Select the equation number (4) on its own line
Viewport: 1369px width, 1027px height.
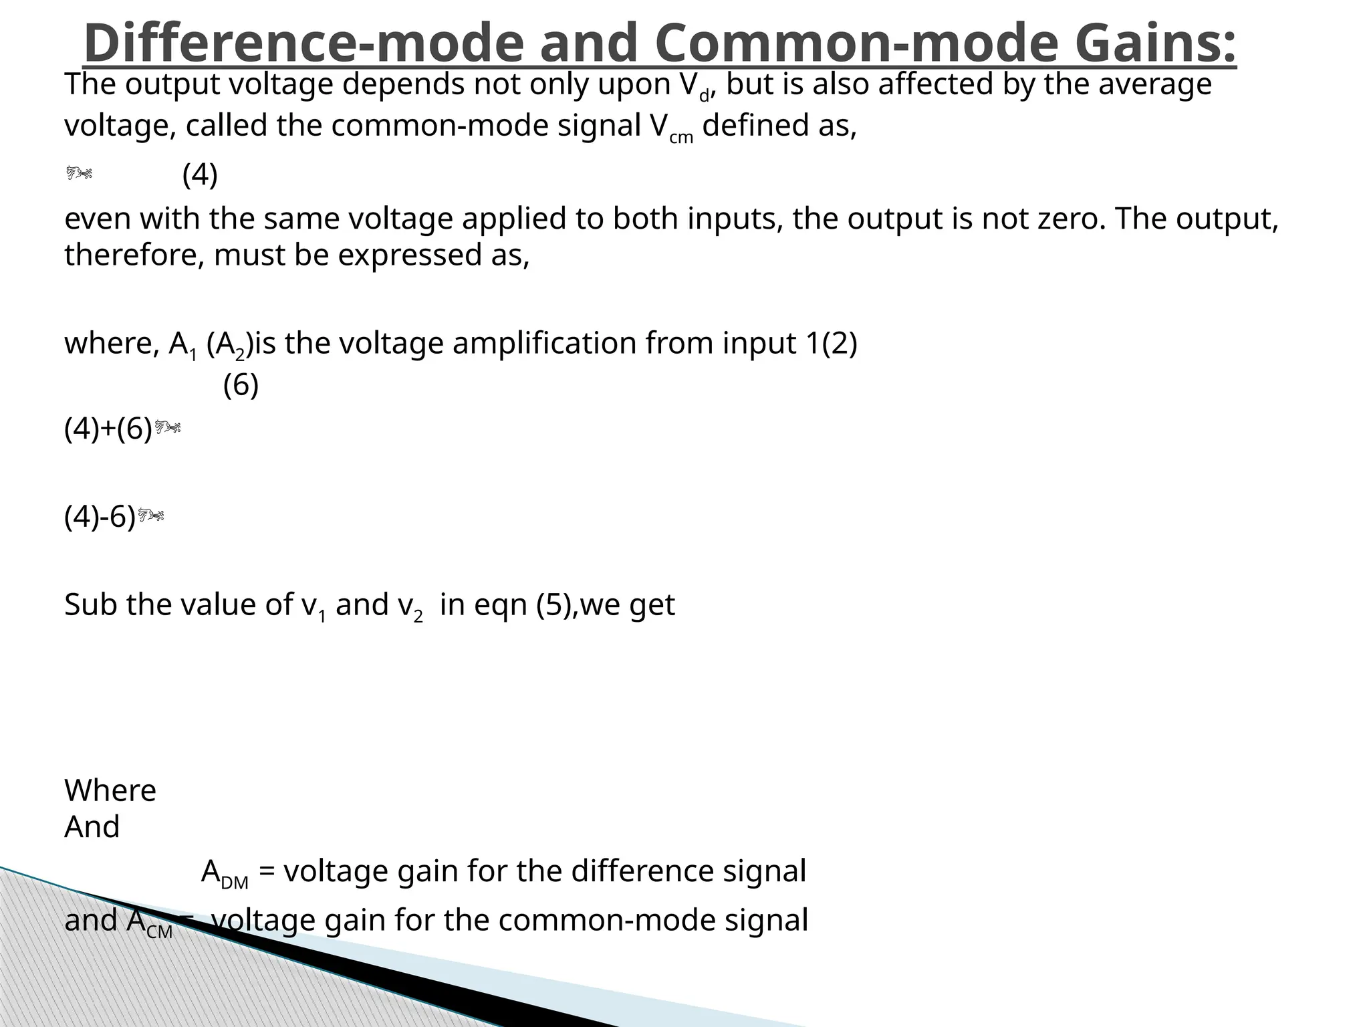(200, 175)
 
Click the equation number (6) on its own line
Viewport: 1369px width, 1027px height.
(241, 385)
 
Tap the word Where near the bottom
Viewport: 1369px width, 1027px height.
(110, 791)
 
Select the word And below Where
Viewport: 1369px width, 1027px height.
(92, 827)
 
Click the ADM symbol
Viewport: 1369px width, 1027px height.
(225, 873)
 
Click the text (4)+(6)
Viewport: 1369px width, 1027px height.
(108, 429)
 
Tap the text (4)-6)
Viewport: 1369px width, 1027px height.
(100, 517)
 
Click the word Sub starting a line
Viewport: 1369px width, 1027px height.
(90, 605)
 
